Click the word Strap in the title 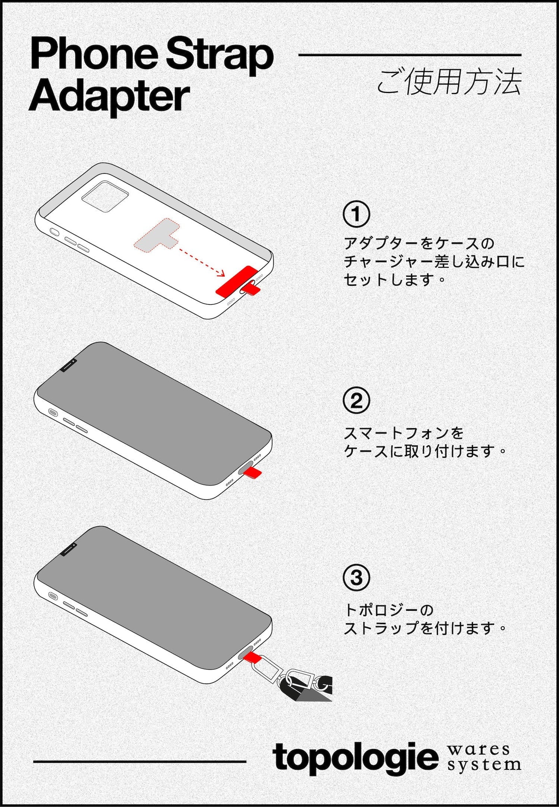click(220, 54)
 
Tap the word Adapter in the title click(109, 96)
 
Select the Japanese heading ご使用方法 click(449, 82)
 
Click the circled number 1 click(356, 214)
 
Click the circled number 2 click(356, 401)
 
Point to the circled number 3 click(356, 577)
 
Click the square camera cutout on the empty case click(105, 196)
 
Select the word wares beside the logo click(478, 750)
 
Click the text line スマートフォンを click(404, 433)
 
